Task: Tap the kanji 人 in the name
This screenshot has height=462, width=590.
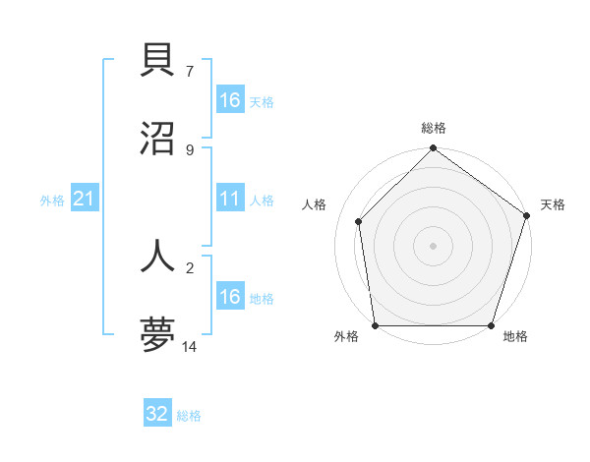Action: [x=158, y=255]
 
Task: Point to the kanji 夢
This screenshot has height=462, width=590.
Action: [x=158, y=334]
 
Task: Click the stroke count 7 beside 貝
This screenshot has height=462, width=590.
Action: [x=190, y=71]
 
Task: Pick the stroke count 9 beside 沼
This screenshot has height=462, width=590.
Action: [x=190, y=149]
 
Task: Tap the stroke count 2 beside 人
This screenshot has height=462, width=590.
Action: [x=190, y=267]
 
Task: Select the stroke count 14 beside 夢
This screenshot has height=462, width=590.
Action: [x=190, y=347]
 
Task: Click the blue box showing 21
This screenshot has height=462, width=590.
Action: [x=85, y=200]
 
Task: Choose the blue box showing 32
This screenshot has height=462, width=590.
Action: [x=157, y=414]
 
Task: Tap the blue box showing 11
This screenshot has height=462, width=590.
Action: [x=230, y=200]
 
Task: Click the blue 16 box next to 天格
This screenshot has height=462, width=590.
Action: [x=230, y=100]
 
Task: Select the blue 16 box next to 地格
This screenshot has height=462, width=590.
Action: [x=230, y=297]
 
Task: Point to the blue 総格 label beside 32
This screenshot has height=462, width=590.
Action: [x=189, y=416]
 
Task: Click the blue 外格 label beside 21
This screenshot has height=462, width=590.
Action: [x=52, y=201]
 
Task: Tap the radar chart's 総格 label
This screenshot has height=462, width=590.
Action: [x=433, y=128]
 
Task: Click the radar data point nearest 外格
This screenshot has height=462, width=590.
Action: [x=375, y=325]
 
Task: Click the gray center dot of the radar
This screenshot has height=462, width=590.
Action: [x=433, y=246]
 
